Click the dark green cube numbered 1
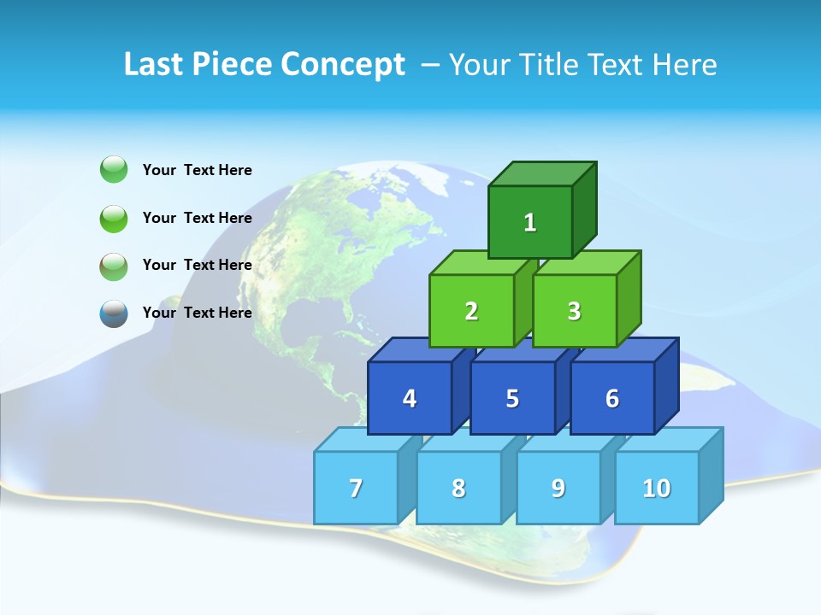point(530,223)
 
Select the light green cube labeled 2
point(471,311)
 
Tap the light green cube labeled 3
point(574,311)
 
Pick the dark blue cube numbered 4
point(410,398)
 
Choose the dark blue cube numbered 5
point(512,398)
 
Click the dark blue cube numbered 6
point(612,398)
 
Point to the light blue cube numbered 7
point(356,488)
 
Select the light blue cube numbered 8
point(458,488)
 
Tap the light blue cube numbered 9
point(558,488)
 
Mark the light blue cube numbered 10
point(656,488)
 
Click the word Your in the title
point(480,64)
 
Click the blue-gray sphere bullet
point(114,313)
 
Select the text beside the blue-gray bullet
point(198,313)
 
